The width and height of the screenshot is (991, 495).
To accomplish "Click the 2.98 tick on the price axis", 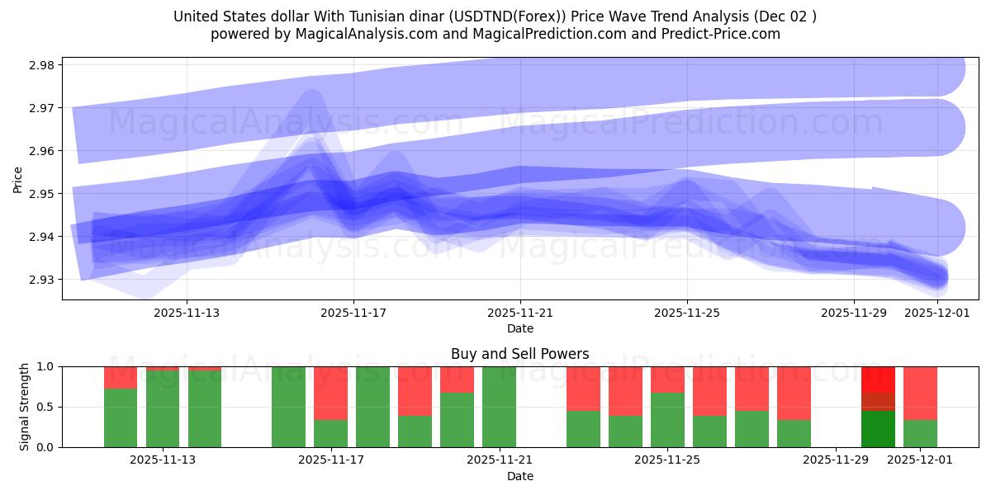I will click(40, 65).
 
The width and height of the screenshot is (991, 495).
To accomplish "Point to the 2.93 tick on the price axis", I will click(40, 280).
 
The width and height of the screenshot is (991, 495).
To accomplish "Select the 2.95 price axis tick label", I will click(40, 194).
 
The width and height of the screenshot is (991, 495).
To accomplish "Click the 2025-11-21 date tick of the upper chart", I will click(520, 313).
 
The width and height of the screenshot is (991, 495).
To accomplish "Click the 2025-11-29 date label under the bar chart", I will click(836, 460).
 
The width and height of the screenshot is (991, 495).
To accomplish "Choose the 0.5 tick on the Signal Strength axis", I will click(46, 407).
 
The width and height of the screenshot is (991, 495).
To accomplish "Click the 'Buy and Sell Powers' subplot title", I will click(519, 354).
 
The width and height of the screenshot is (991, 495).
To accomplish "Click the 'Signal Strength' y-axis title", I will click(25, 407).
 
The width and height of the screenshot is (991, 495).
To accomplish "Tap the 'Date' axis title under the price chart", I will click(519, 328).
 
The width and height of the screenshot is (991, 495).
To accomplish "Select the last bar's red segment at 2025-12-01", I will click(920, 393).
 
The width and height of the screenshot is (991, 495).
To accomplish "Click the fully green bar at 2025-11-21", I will click(499, 407).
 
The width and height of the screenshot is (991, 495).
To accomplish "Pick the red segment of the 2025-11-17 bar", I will click(330, 393).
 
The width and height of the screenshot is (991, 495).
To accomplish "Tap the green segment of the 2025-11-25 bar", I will click(667, 421).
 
